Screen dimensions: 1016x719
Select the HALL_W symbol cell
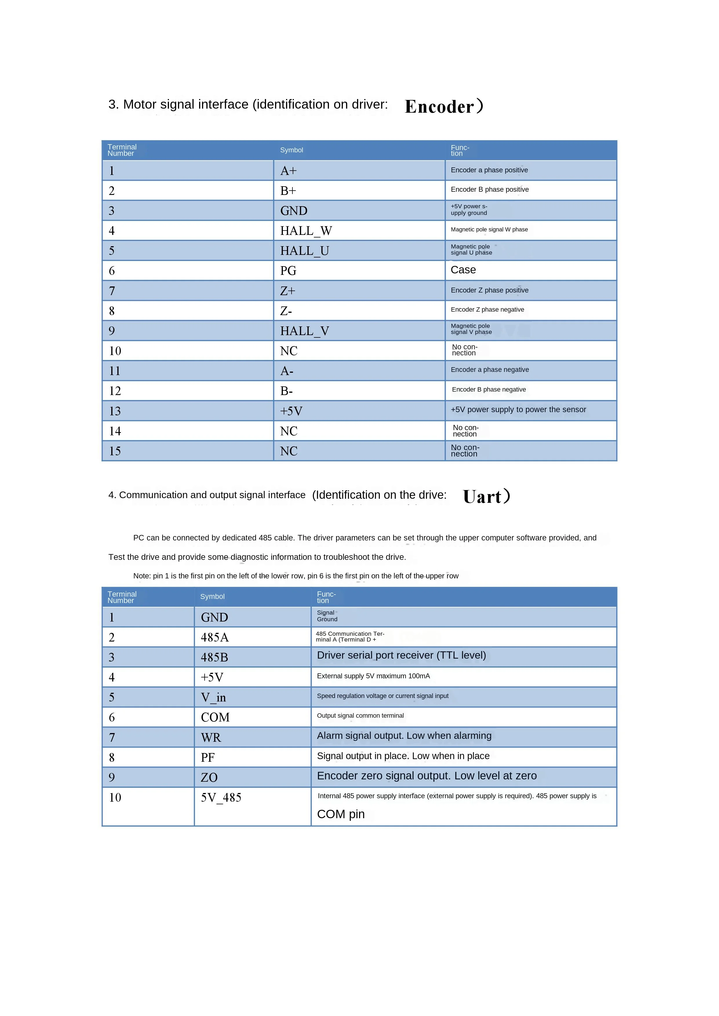click(306, 231)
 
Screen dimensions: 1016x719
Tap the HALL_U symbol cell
click(304, 251)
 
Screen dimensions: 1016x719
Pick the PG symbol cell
click(288, 271)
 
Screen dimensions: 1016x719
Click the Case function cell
click(463, 270)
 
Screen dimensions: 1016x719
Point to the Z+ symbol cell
click(288, 291)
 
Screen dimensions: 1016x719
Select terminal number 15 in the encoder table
click(115, 451)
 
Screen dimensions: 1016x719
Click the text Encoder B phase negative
click(489, 390)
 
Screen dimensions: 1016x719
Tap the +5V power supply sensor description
click(518, 410)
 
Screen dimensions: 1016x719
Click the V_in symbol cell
click(213, 697)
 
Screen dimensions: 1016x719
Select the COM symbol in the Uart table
click(215, 717)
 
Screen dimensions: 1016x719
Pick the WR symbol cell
click(211, 738)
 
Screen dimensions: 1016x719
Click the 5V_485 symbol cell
click(221, 798)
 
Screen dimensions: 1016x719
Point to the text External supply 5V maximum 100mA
click(373, 676)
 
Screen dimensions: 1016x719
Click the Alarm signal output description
click(404, 736)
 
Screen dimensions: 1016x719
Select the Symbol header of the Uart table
click(212, 597)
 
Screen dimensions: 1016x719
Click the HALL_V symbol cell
click(304, 331)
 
